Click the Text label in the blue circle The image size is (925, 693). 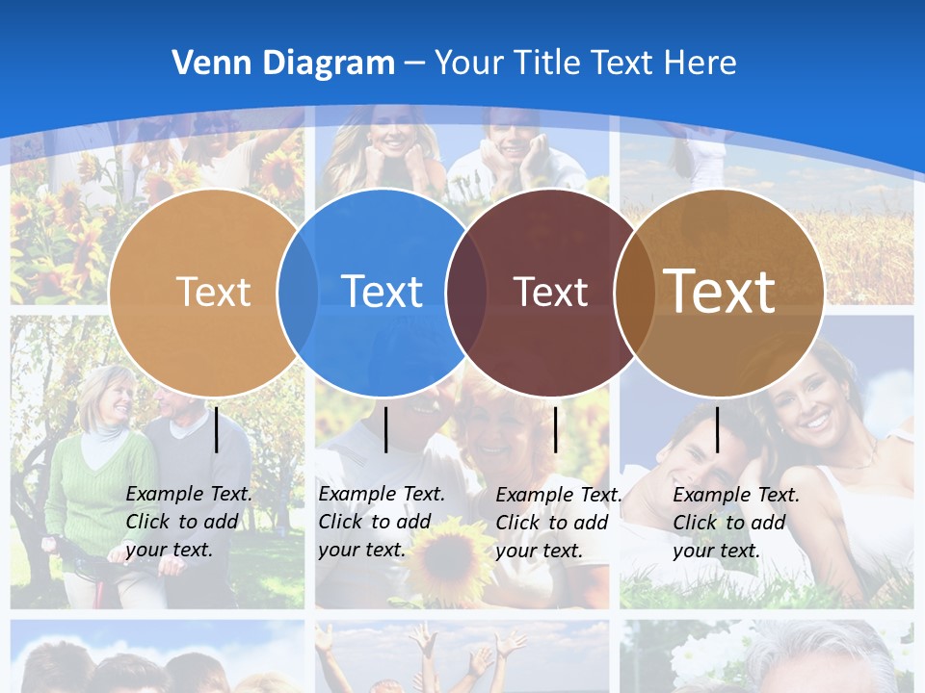(x=383, y=292)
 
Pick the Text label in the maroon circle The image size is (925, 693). (x=550, y=293)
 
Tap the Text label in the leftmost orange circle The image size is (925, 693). (x=214, y=292)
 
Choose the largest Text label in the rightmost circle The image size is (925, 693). (x=720, y=291)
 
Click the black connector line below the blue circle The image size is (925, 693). (x=385, y=429)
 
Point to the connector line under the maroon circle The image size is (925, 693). (x=555, y=429)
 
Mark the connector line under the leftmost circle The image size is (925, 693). (x=216, y=429)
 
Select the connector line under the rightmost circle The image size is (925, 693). (x=717, y=429)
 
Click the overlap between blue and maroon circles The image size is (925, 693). (x=466, y=292)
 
